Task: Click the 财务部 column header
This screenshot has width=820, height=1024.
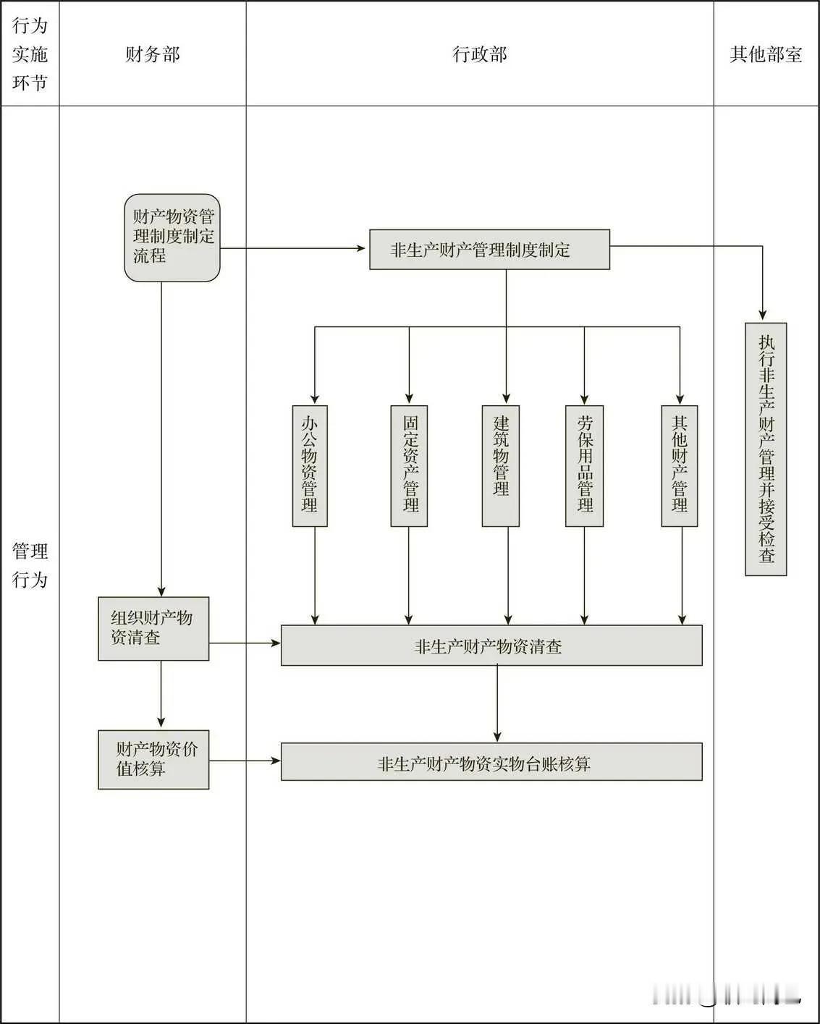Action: click(x=152, y=54)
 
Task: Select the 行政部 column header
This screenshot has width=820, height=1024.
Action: click(x=479, y=54)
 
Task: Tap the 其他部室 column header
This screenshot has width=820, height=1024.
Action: click(x=766, y=54)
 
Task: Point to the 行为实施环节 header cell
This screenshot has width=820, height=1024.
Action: click(x=30, y=54)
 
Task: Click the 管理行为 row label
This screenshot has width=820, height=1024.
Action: click(x=30, y=565)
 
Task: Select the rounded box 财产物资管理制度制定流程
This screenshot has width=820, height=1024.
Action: click(x=172, y=237)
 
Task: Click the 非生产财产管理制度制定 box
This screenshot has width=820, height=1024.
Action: click(x=489, y=250)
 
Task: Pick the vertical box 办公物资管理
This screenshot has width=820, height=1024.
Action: click(x=310, y=465)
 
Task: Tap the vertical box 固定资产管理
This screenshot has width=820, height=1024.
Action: click(x=410, y=465)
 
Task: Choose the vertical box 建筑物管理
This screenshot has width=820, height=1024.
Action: click(x=501, y=465)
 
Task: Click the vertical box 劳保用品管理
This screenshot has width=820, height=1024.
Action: click(x=584, y=465)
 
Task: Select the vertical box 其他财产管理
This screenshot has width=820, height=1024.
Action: click(x=680, y=465)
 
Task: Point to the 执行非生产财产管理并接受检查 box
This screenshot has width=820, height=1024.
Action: click(x=766, y=449)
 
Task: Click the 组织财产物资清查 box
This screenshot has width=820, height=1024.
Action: click(x=153, y=628)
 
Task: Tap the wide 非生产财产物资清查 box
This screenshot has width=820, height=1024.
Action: click(x=491, y=646)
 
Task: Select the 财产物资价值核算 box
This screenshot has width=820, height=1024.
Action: click(x=153, y=759)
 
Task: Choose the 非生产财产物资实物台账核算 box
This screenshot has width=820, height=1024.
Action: click(x=491, y=762)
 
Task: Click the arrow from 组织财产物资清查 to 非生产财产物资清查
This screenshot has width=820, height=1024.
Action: click(x=245, y=643)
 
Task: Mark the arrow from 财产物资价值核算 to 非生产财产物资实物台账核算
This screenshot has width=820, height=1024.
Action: click(x=245, y=761)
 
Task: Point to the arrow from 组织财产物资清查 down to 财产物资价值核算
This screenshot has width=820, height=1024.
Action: click(x=161, y=695)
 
